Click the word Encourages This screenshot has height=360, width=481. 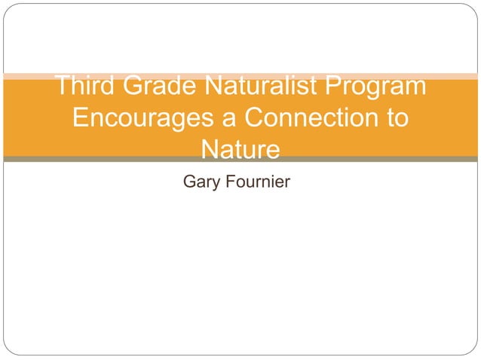[x=147, y=119]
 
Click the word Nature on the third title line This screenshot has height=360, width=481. [x=240, y=150]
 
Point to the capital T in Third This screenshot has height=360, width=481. [x=63, y=87]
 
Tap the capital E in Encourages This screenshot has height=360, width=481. [x=81, y=119]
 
